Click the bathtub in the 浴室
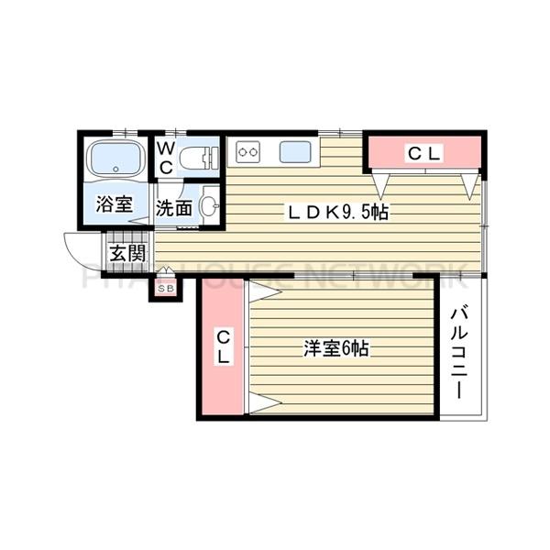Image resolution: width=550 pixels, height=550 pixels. point(115,159)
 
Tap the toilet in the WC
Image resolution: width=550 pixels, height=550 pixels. point(200,158)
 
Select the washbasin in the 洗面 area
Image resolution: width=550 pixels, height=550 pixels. point(210,205)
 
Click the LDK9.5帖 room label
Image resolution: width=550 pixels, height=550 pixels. point(339,212)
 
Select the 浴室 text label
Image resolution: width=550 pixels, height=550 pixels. point(116,207)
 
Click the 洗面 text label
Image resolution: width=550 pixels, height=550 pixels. point(173,208)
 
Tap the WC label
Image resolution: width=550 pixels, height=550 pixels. point(167,157)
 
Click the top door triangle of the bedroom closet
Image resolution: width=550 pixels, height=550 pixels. point(264,291)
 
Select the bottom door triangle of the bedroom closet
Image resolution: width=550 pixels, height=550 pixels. point(264,403)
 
